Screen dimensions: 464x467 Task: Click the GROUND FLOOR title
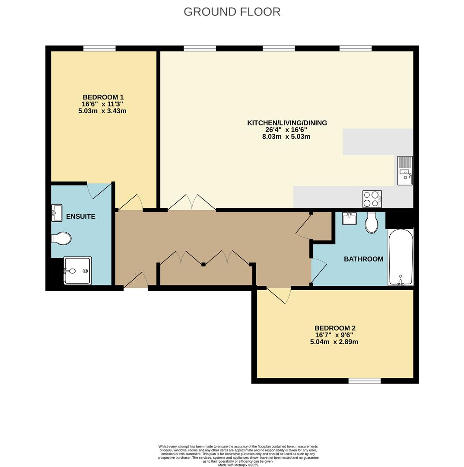coord(232,12)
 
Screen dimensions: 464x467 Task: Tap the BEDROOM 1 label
coord(103,97)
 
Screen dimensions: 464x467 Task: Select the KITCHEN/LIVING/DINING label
coord(287,123)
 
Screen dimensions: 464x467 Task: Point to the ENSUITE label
coord(81,217)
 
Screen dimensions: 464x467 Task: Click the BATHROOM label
coord(363,259)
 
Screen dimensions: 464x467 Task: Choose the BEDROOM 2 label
coord(335,328)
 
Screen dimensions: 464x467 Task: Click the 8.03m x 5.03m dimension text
coord(286,137)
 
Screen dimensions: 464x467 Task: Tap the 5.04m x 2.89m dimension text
coord(334,342)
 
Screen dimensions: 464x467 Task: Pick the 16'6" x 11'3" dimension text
coord(102,104)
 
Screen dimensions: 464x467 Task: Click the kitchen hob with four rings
coord(372,199)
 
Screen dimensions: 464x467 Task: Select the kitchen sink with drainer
coord(405,171)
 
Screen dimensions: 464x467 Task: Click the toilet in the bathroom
coord(372,223)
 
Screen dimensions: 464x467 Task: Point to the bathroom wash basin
coord(349,218)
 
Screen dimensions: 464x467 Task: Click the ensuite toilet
coord(61,238)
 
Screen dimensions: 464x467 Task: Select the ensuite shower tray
coord(77,270)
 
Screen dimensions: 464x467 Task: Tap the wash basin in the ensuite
coord(57,213)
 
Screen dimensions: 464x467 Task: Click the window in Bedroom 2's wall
coord(365,381)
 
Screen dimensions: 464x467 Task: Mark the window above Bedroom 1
coord(99,48)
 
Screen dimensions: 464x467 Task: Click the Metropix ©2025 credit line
coord(238,465)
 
